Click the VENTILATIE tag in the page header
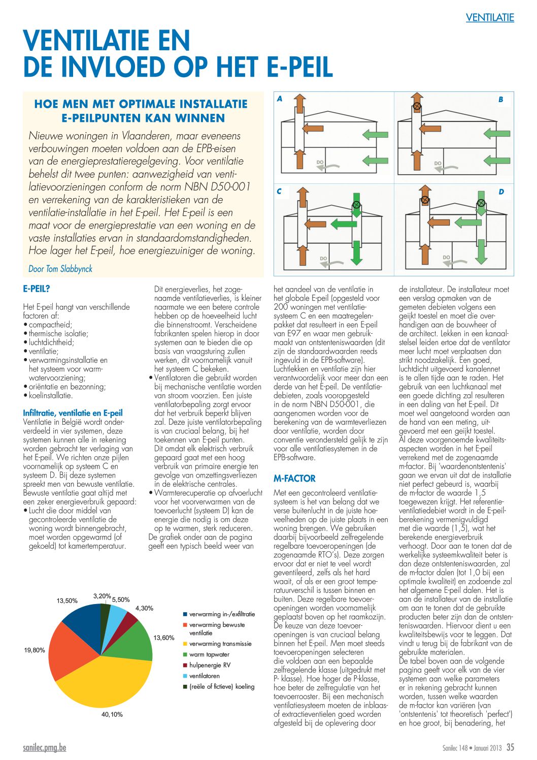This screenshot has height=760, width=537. [490, 18]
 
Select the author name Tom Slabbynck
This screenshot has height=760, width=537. [69, 269]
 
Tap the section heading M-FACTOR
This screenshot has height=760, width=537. [294, 479]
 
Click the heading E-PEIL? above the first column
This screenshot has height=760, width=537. [37, 289]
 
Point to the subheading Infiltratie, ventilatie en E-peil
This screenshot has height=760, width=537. [73, 413]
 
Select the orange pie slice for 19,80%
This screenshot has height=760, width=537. [71, 653]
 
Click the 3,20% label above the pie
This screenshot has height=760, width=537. [102, 596]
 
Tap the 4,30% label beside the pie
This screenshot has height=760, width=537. [144, 608]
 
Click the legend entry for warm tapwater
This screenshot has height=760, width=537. [209, 655]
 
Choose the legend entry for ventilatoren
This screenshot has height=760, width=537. [205, 676]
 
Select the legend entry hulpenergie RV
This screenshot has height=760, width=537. [210, 666]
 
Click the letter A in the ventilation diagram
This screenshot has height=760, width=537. [280, 99]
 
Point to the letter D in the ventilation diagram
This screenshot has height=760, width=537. [501, 192]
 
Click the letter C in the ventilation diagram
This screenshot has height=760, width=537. [279, 192]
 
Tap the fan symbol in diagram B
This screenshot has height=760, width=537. [417, 106]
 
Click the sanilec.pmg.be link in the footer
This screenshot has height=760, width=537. [44, 748]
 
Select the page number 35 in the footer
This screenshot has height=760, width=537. [510, 747]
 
